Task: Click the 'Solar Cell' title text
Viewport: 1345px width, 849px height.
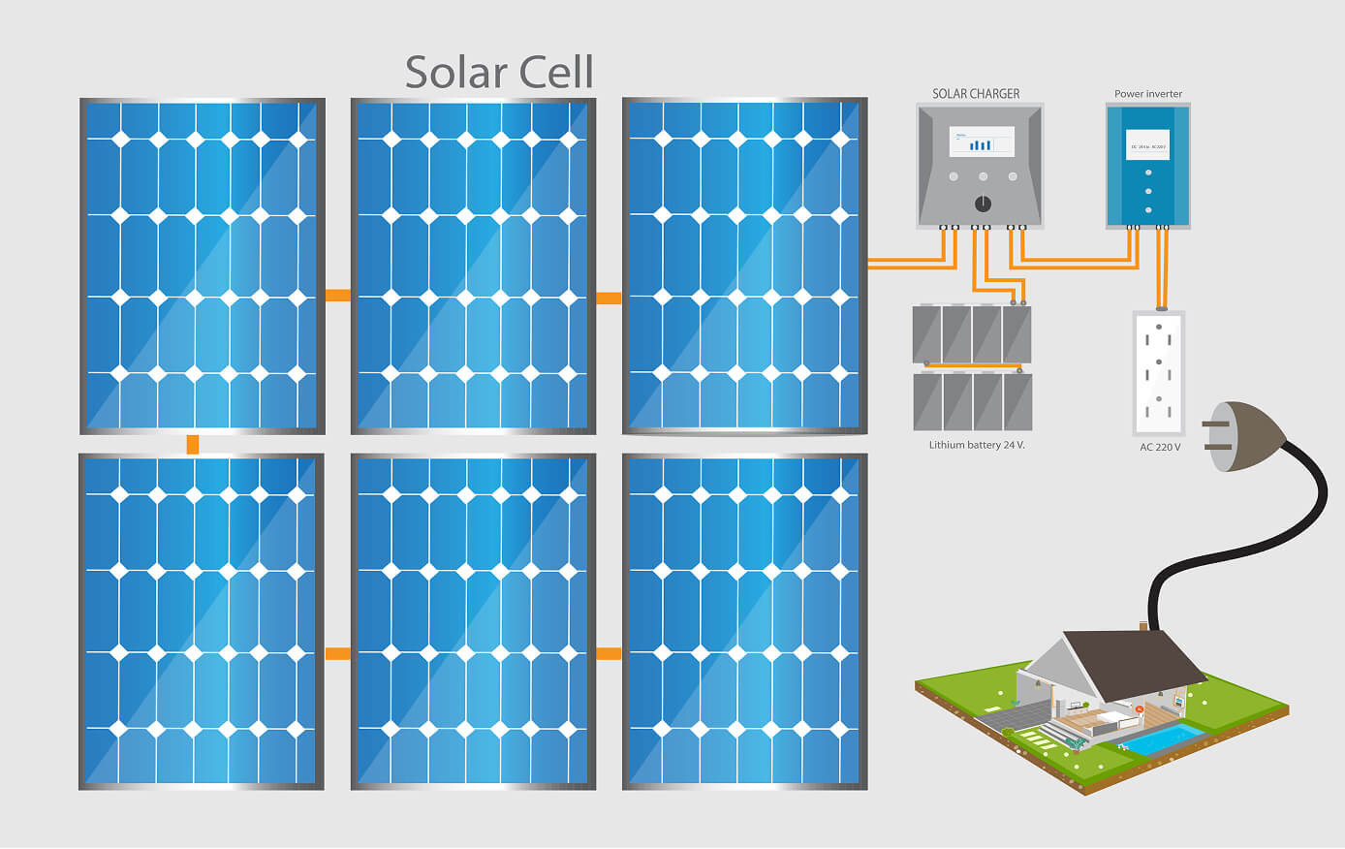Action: (499, 73)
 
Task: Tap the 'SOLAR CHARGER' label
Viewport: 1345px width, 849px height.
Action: (976, 94)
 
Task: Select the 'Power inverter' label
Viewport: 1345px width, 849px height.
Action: (1148, 94)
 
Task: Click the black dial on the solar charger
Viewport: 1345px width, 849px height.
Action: (983, 204)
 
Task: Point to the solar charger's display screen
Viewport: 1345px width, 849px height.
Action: (982, 142)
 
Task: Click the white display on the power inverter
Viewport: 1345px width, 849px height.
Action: (1148, 145)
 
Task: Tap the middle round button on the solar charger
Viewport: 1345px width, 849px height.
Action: (983, 176)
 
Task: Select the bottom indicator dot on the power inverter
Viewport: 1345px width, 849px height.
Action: (1148, 209)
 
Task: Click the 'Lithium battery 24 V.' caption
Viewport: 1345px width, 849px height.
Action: (977, 445)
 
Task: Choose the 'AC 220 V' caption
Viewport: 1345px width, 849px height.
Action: (1160, 447)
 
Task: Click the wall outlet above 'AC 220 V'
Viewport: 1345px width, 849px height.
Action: (1159, 373)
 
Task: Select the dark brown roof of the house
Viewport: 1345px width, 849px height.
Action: (1134, 664)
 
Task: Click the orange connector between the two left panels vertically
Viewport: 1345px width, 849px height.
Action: (193, 445)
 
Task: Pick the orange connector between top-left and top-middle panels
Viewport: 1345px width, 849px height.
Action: (338, 295)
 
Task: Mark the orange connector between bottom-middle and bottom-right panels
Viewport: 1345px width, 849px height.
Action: (609, 654)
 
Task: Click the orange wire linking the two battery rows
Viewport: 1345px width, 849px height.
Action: (973, 366)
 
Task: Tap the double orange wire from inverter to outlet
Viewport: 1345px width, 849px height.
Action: (1161, 267)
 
